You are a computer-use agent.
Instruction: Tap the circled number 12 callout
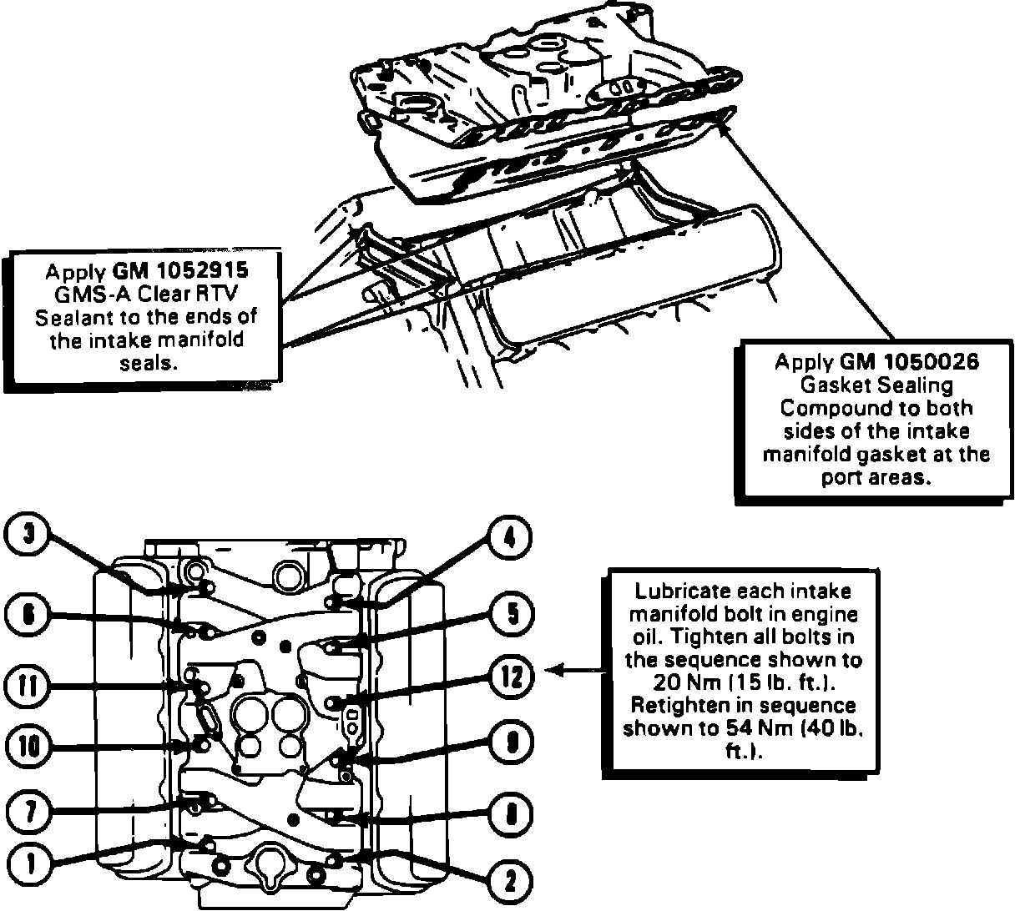pos(511,677)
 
